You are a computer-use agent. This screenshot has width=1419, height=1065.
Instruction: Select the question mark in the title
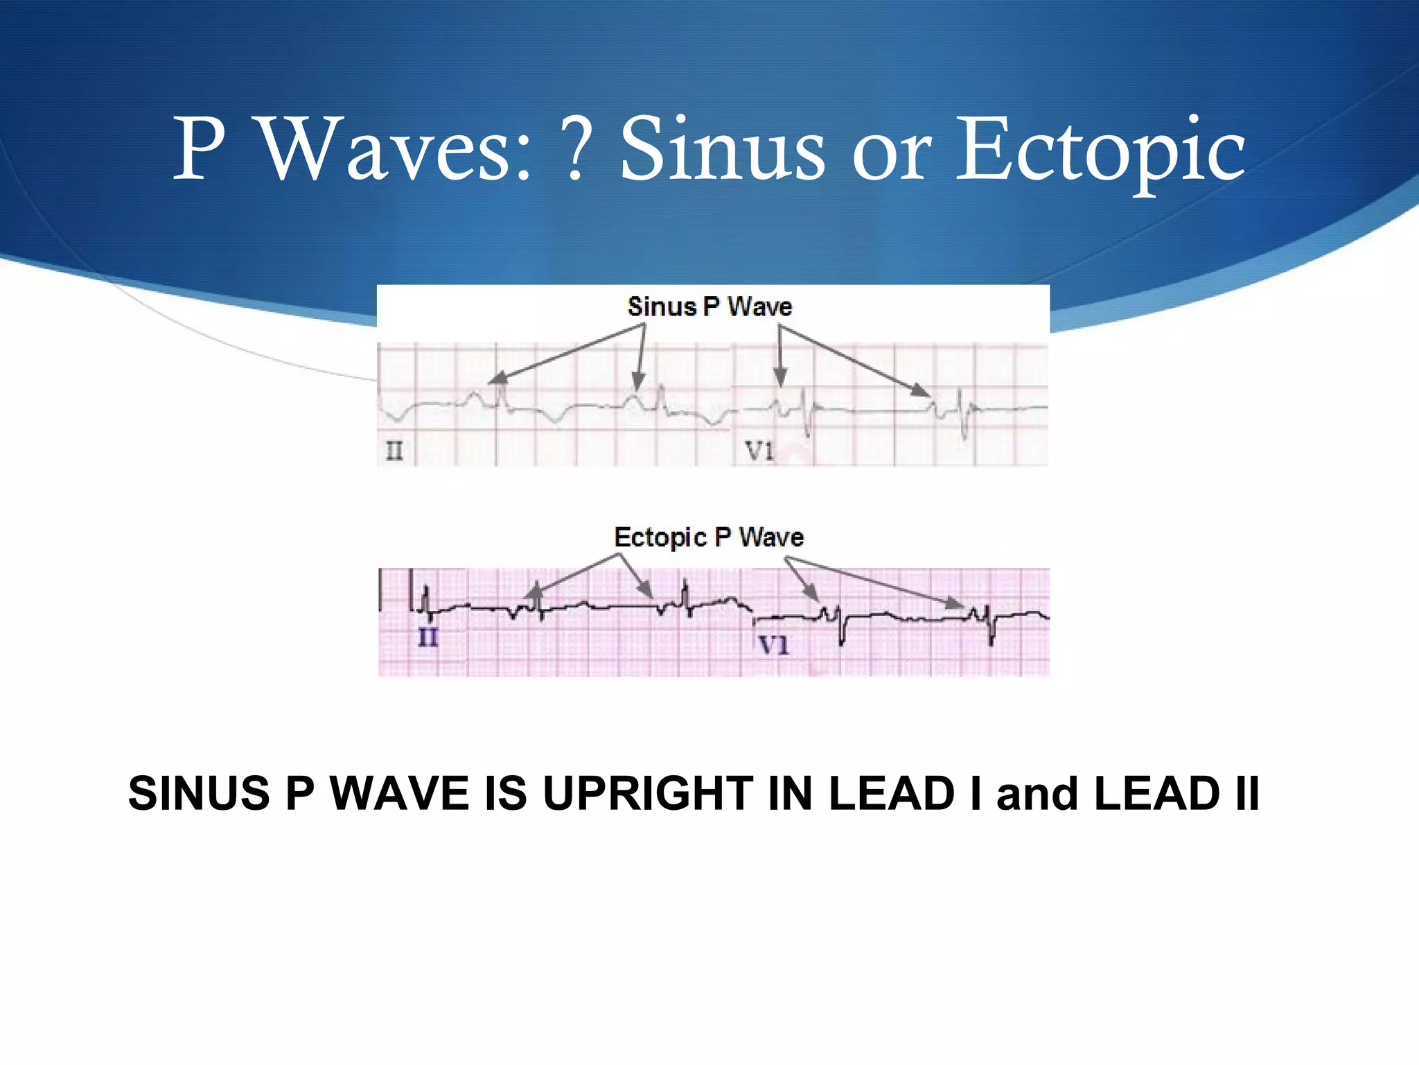(x=574, y=149)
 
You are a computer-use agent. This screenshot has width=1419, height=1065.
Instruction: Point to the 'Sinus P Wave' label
(x=709, y=306)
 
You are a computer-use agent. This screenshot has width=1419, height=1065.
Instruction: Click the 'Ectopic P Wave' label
(x=709, y=537)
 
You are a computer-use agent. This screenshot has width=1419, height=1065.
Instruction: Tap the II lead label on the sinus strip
(x=394, y=451)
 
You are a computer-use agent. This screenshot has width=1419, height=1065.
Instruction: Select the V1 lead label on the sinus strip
(x=759, y=451)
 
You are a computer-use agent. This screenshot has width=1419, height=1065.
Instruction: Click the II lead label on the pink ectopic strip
(x=428, y=637)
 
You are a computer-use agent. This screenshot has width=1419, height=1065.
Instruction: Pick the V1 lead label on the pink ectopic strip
(x=774, y=646)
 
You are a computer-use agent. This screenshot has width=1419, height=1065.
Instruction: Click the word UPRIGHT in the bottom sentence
(x=648, y=793)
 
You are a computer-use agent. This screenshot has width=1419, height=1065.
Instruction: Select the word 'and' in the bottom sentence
(x=1037, y=793)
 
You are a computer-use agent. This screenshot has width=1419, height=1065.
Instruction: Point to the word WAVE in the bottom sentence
(x=399, y=793)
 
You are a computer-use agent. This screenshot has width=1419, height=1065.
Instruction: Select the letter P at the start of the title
(x=199, y=149)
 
